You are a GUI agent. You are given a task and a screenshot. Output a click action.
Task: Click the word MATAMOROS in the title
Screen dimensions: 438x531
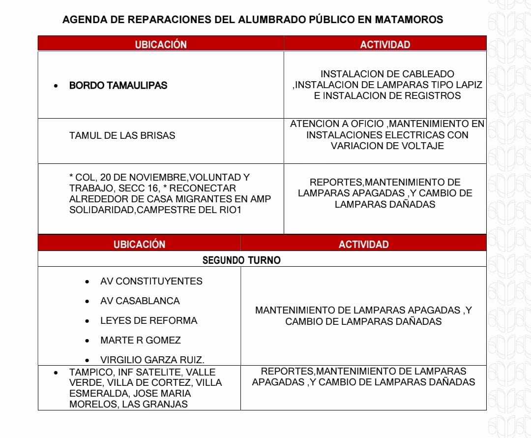(409, 20)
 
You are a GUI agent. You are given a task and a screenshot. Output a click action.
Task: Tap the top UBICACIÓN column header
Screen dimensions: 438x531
(161, 44)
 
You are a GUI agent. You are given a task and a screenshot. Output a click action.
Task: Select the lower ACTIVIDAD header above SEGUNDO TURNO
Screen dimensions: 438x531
(363, 244)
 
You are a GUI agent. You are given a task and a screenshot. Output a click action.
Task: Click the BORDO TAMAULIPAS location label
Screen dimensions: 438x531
(118, 85)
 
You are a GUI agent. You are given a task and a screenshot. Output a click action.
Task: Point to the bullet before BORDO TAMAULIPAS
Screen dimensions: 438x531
(57, 86)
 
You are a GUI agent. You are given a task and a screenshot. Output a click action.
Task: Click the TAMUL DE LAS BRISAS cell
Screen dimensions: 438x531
(122, 135)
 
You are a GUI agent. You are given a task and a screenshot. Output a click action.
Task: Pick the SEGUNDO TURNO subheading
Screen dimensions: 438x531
(241, 260)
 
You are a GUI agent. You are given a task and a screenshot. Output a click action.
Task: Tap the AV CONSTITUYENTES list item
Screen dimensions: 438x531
(151, 281)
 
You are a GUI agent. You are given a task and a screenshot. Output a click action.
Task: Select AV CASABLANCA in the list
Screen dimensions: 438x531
(140, 301)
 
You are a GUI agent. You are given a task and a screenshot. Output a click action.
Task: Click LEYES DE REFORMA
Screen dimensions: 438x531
(148, 320)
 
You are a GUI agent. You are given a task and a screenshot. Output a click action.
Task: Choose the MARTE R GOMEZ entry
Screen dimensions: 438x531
(140, 340)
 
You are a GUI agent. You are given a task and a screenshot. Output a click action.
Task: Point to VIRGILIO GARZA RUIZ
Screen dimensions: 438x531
(152, 360)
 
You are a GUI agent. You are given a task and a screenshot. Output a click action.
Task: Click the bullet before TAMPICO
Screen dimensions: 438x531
(57, 373)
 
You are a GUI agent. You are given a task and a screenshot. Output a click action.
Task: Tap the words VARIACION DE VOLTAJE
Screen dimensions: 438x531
(387, 146)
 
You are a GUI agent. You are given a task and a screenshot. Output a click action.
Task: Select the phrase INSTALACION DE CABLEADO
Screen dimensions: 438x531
(387, 74)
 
